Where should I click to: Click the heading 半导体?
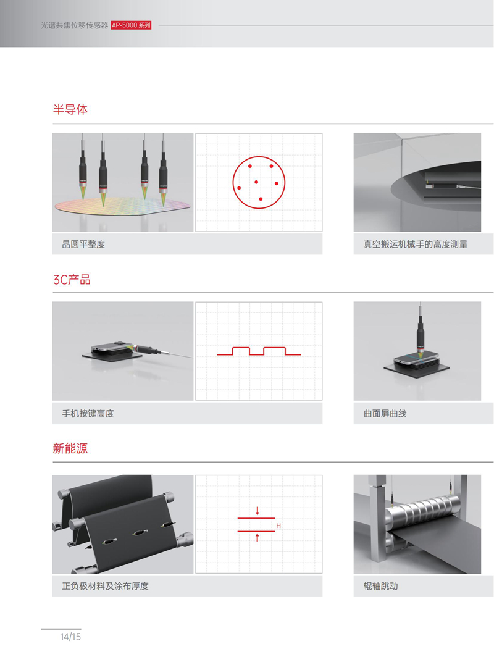coord(70,109)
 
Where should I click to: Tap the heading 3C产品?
coord(72,280)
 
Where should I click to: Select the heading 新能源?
coord(70,448)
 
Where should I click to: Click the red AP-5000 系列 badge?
coord(131,25)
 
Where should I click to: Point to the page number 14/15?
coord(70,637)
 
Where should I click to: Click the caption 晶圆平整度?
coord(83,244)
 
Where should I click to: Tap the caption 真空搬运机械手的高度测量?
coord(416,244)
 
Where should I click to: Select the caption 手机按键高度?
coord(88,413)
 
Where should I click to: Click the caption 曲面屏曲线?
coord(385,413)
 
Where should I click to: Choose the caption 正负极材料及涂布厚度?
coord(105,586)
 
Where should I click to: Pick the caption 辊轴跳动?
coord(381,586)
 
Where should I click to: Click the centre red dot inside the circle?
coord(256,182)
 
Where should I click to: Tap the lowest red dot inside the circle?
coord(261,199)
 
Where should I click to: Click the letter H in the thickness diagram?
coord(278,526)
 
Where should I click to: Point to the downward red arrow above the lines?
coord(257,511)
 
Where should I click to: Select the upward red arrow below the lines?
coord(257,537)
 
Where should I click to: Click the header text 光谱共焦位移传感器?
coord(74,25)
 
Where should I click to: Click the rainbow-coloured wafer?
coord(122,206)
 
